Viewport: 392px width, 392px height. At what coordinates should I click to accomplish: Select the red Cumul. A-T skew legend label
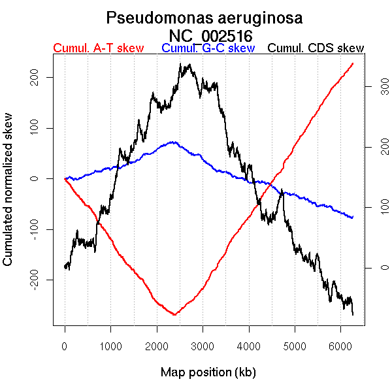98,48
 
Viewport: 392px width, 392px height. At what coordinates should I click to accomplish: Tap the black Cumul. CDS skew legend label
316,48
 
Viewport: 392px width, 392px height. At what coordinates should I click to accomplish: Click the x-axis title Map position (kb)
208,372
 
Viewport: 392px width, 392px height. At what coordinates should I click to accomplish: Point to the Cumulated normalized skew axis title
8,197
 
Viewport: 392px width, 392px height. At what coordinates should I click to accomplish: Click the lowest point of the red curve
174,315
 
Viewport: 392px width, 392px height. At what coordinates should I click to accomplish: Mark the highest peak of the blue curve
172,141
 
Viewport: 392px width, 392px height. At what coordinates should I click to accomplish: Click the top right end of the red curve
353,63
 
